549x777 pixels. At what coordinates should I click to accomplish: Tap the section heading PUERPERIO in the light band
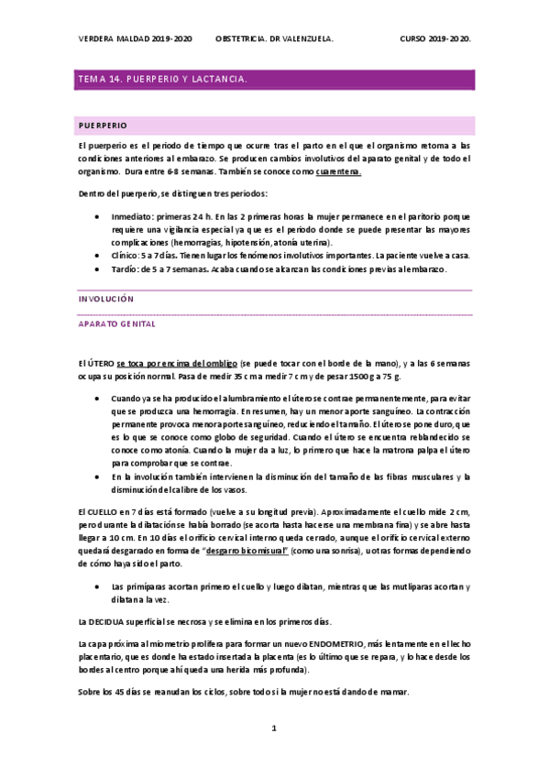pyautogui.click(x=104, y=124)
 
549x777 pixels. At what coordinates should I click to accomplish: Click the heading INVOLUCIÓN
pyautogui.click(x=105, y=299)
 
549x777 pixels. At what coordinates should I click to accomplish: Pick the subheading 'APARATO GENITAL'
pyautogui.click(x=116, y=324)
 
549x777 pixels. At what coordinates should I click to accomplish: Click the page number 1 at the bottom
pyautogui.click(x=273, y=728)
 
